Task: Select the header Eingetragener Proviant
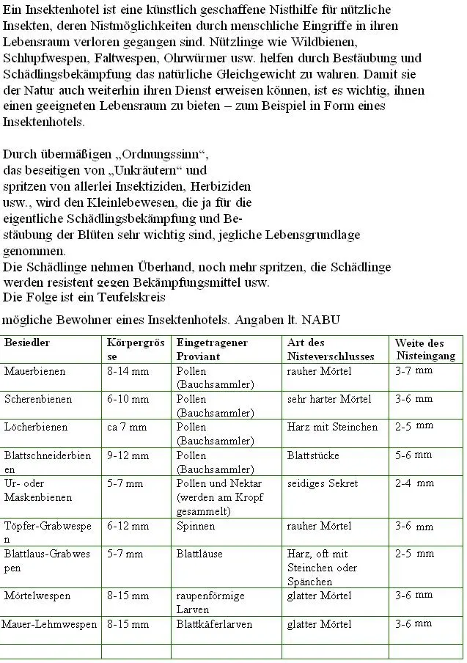pyautogui.click(x=211, y=350)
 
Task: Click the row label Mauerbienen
pyautogui.click(x=34, y=371)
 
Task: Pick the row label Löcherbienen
pyautogui.click(x=36, y=427)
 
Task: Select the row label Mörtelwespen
pyautogui.click(x=37, y=596)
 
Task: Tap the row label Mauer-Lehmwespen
pyautogui.click(x=50, y=624)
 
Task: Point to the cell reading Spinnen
pyautogui.click(x=196, y=526)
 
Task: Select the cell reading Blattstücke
pyautogui.click(x=313, y=455)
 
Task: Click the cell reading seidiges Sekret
pyautogui.click(x=323, y=483)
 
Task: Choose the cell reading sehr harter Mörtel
pyautogui.click(x=329, y=399)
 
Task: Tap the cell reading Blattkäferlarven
pyautogui.click(x=214, y=624)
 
